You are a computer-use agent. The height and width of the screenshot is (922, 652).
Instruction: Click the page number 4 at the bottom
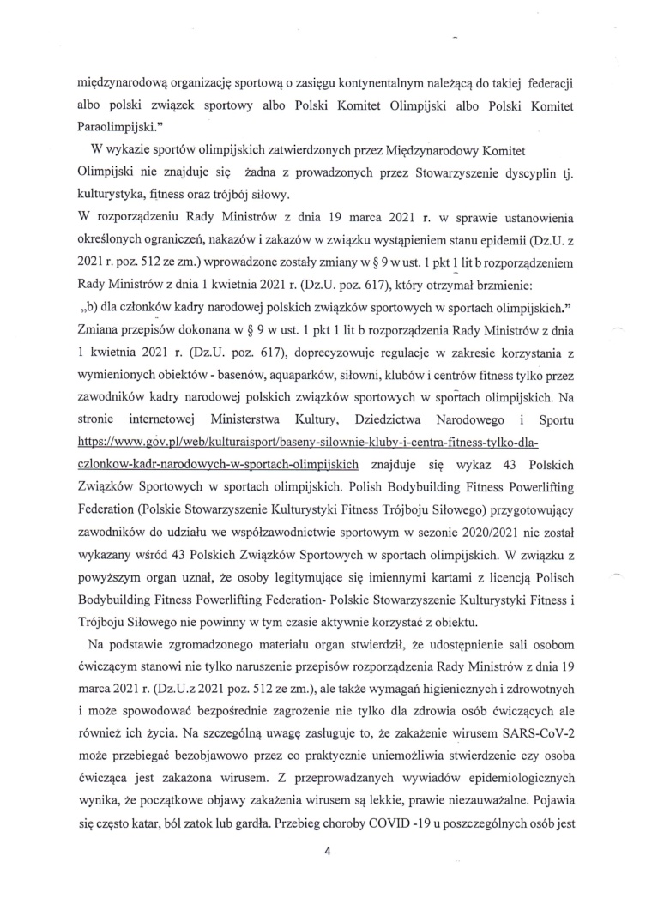click(x=326, y=876)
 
